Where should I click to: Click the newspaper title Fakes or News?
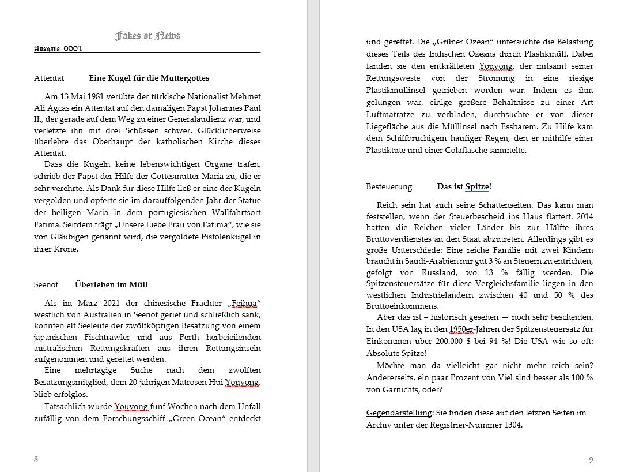[147, 36]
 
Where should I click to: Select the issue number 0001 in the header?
[72, 48]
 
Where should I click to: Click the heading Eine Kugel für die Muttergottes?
[149, 78]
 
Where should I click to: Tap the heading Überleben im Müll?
[111, 284]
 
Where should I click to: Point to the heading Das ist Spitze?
[464, 186]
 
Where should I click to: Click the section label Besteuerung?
[389, 186]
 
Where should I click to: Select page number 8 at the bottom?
[36, 459]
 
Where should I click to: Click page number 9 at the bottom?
[591, 459]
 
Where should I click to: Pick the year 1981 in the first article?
[91, 96]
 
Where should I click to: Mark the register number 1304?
[512, 425]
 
